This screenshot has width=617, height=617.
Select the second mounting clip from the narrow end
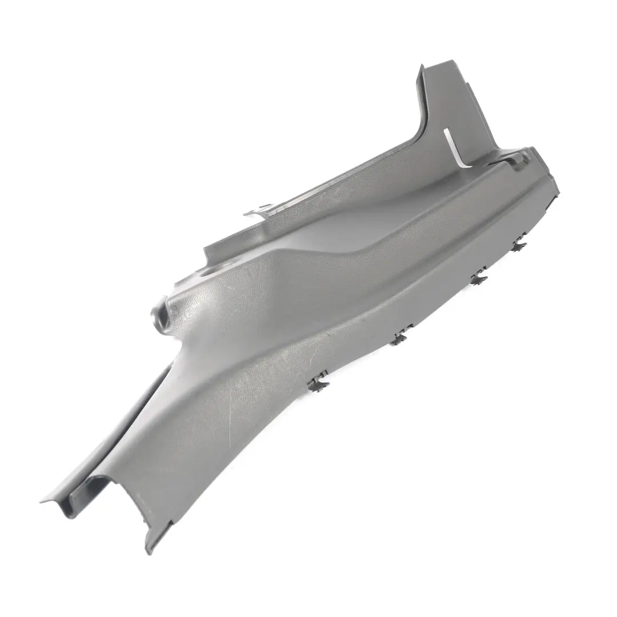[x=403, y=333]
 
